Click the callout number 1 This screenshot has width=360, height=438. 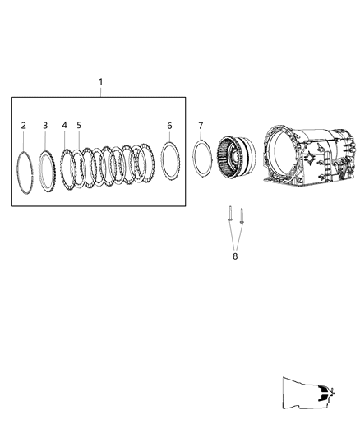point(100,81)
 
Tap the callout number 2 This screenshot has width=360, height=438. point(23,125)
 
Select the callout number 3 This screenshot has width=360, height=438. point(45,125)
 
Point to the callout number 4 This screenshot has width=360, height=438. point(65,125)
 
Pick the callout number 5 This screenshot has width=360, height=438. point(79,125)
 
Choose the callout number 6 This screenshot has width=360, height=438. point(169,125)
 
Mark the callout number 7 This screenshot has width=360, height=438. point(201,125)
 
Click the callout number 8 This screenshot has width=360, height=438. point(234,256)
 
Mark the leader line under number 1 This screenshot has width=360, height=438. point(100,91)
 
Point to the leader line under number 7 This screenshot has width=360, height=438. point(201,136)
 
